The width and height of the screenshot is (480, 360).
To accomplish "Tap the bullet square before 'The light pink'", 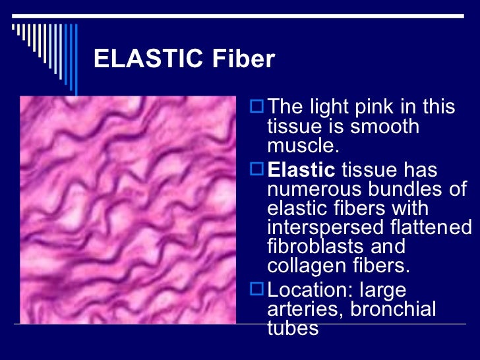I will [x=258, y=106].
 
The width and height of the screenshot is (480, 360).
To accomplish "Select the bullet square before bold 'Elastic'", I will [x=258, y=170].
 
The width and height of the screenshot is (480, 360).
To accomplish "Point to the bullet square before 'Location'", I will [x=258, y=289].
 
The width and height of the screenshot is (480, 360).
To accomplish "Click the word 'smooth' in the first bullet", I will [x=389, y=125].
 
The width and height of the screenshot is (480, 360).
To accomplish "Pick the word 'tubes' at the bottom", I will [x=293, y=328].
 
